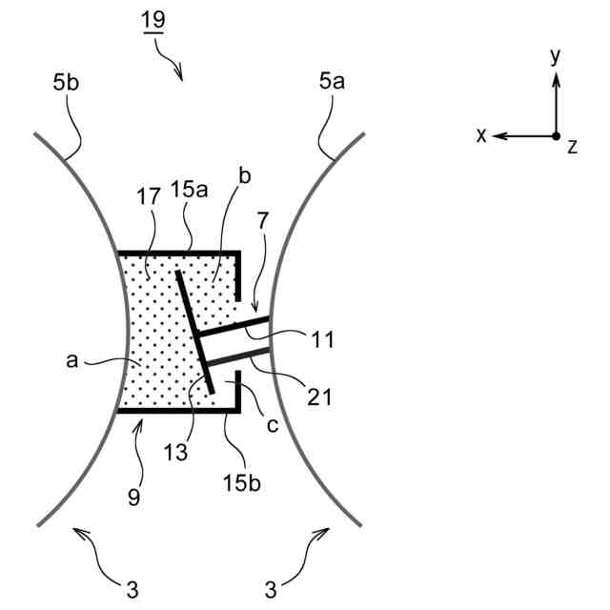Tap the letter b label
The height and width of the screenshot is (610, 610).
pos(245,177)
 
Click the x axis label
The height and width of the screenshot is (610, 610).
pos(481,136)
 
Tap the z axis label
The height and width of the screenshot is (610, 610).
pos(572,146)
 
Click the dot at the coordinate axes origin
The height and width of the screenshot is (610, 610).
pos(556,136)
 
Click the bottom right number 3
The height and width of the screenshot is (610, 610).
pos(272,585)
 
